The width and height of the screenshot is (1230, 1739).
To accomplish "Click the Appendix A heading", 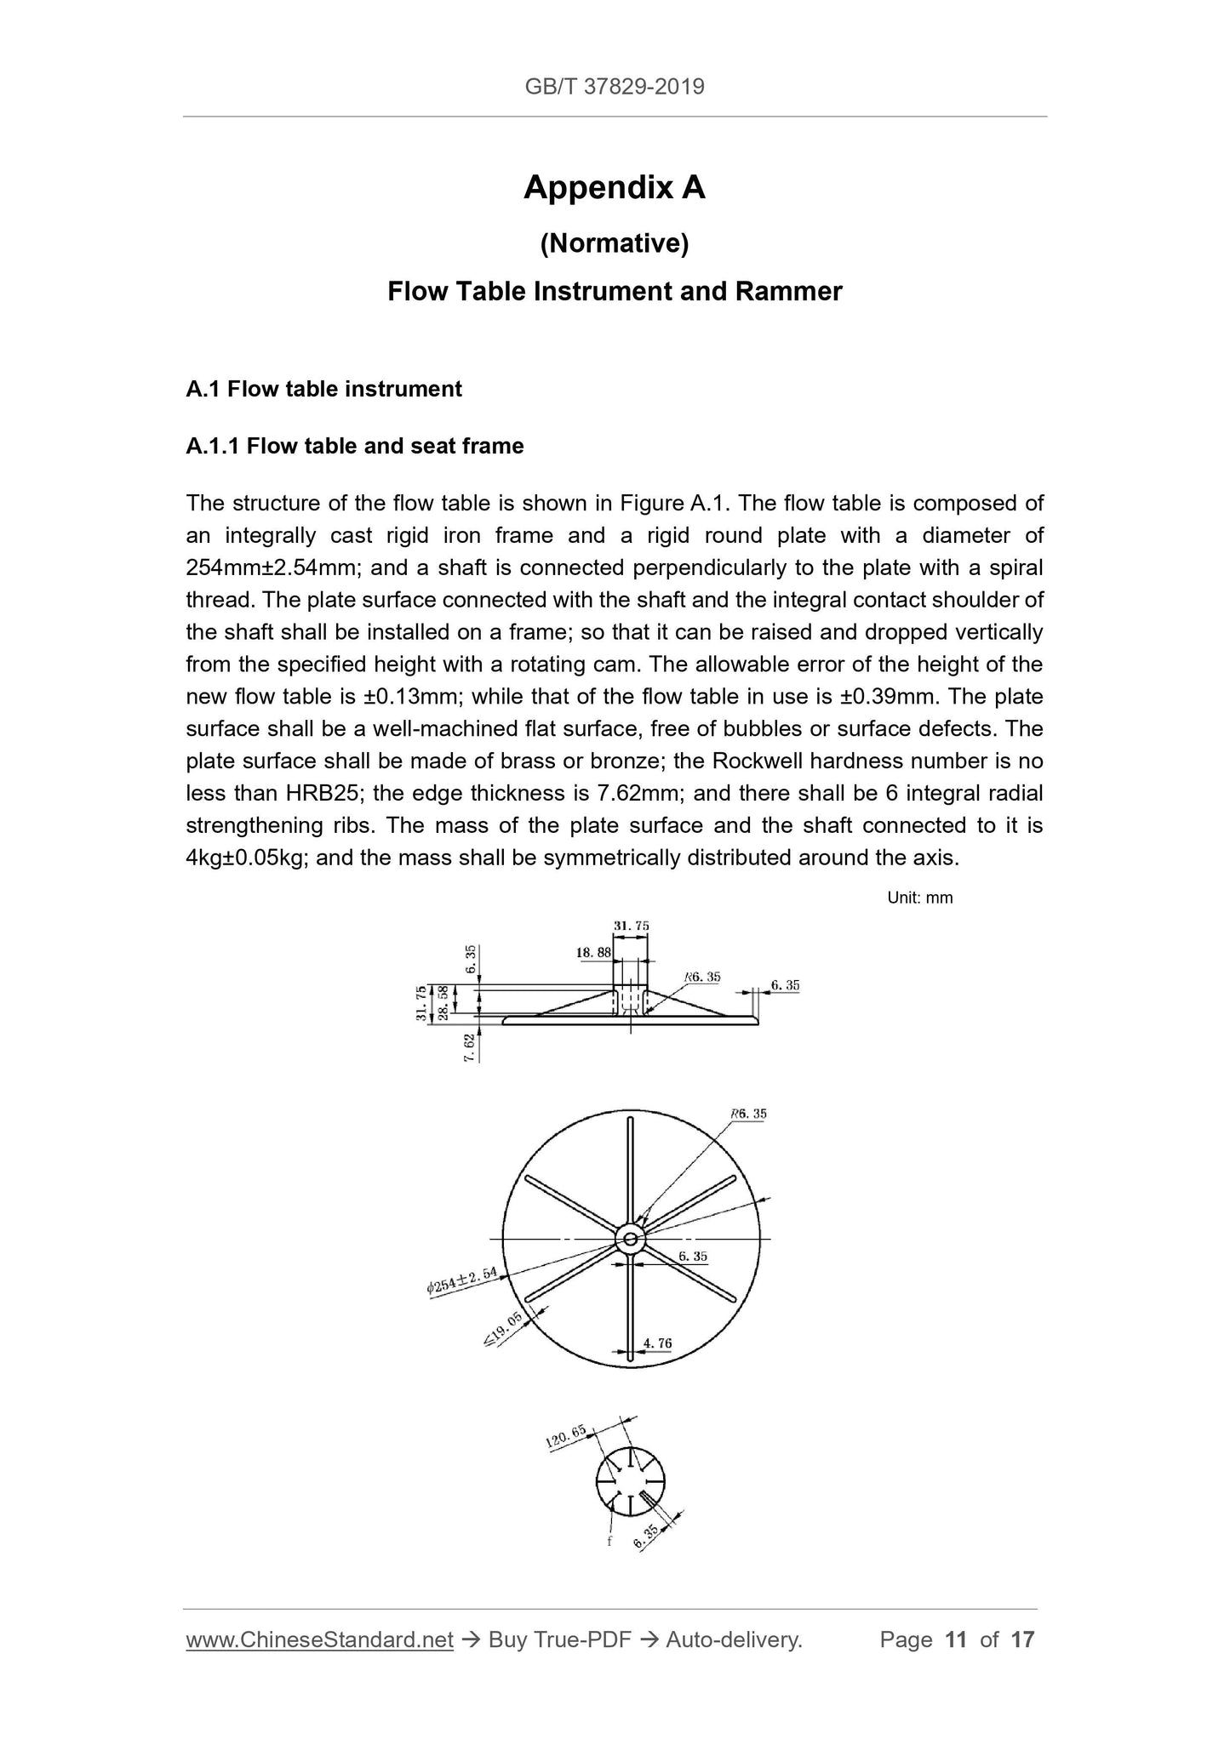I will point(614,187).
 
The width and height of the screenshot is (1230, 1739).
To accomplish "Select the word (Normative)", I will point(614,244).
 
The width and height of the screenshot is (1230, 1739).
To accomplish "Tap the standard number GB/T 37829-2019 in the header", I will point(614,87).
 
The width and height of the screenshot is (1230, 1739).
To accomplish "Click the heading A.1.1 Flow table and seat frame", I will point(354,446).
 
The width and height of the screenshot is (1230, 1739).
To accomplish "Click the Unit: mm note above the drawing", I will point(919,898).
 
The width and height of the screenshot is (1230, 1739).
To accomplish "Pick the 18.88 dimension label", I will point(593,954).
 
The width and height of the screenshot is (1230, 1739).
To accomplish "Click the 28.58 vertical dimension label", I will point(443,1003).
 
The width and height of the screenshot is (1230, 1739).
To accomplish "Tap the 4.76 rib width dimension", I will point(657,1343).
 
